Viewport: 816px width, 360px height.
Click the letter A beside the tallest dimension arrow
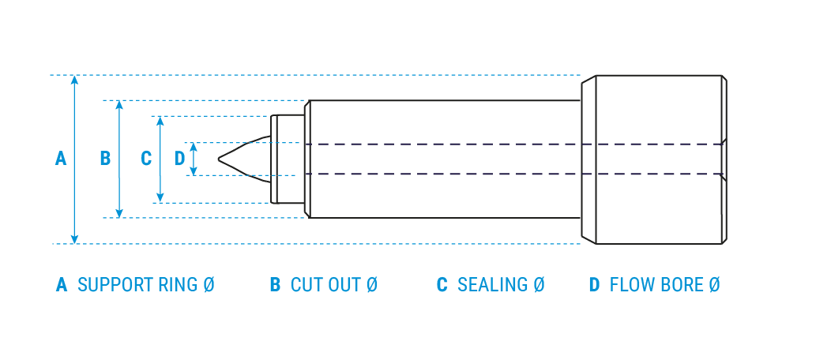point(61,159)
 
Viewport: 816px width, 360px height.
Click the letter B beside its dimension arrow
point(105,159)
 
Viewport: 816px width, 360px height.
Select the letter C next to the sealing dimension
point(146,159)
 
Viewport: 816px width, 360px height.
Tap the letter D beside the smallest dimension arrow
point(179,159)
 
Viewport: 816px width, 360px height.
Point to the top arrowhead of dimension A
point(74,79)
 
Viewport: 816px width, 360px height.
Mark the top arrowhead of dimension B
point(119,104)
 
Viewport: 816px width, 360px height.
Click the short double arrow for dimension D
point(194,159)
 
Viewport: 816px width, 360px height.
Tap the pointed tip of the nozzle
point(220,159)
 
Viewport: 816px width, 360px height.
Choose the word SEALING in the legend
point(493,285)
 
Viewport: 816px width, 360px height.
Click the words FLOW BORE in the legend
point(656,285)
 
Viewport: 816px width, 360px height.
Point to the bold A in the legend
point(62,285)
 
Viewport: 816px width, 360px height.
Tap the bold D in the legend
point(594,285)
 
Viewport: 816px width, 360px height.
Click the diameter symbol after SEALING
point(539,285)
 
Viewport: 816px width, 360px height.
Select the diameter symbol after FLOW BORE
point(714,285)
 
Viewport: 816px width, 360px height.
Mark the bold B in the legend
point(275,285)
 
